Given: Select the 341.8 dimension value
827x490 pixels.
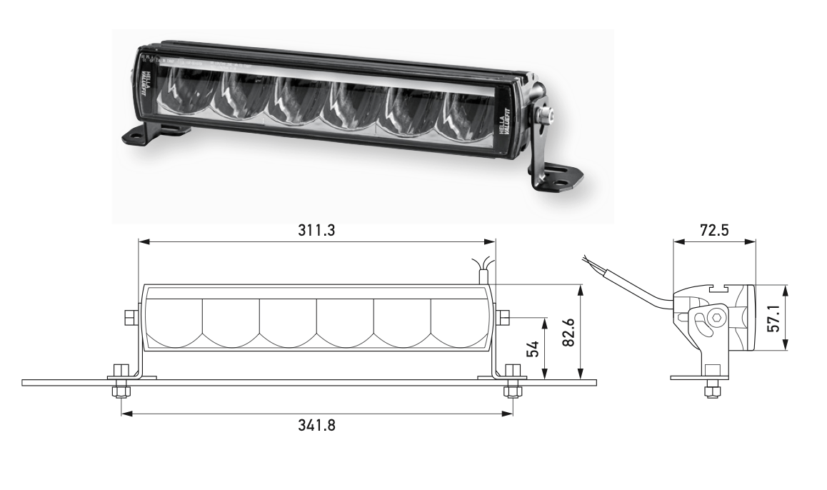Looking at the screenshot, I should [x=317, y=426].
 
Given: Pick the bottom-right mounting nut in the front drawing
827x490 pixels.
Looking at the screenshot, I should [x=511, y=392].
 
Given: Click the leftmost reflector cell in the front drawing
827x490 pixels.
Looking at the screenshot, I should [x=175, y=321].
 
